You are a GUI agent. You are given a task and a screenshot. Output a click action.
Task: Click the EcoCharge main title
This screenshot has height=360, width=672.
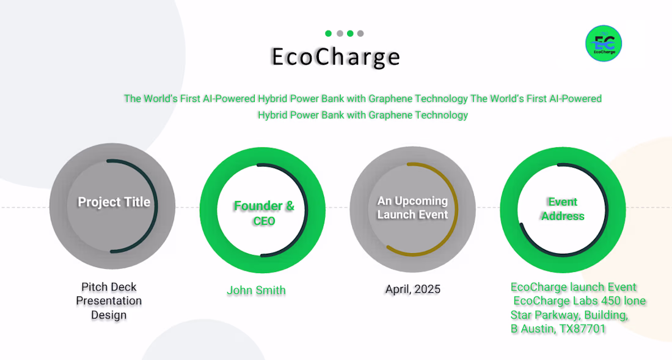[x=335, y=57]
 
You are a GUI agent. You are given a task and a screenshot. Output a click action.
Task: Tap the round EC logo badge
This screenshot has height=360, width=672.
[x=604, y=43]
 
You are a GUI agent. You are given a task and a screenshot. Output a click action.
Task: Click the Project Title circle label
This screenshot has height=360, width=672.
[x=114, y=202]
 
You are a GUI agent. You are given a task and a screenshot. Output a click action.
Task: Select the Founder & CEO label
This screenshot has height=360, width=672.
[x=264, y=213]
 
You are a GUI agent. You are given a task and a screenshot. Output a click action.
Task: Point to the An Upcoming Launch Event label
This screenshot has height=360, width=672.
[x=412, y=207]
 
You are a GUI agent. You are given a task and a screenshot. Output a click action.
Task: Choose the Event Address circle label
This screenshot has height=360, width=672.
[x=563, y=208]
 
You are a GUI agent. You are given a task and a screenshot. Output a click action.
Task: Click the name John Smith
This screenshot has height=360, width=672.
[x=257, y=290]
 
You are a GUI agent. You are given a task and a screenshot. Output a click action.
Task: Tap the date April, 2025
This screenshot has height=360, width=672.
[x=413, y=289]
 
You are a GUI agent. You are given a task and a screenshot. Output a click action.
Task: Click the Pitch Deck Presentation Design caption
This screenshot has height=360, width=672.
[x=109, y=301]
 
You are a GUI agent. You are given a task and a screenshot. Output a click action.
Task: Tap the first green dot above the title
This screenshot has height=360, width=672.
[x=328, y=34]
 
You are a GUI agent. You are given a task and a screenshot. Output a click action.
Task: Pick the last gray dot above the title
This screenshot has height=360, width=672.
[x=360, y=34]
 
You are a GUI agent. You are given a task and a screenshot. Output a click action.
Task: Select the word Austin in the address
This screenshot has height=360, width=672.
[x=534, y=329]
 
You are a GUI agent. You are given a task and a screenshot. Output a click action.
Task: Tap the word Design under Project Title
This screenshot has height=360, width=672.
[x=109, y=315]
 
